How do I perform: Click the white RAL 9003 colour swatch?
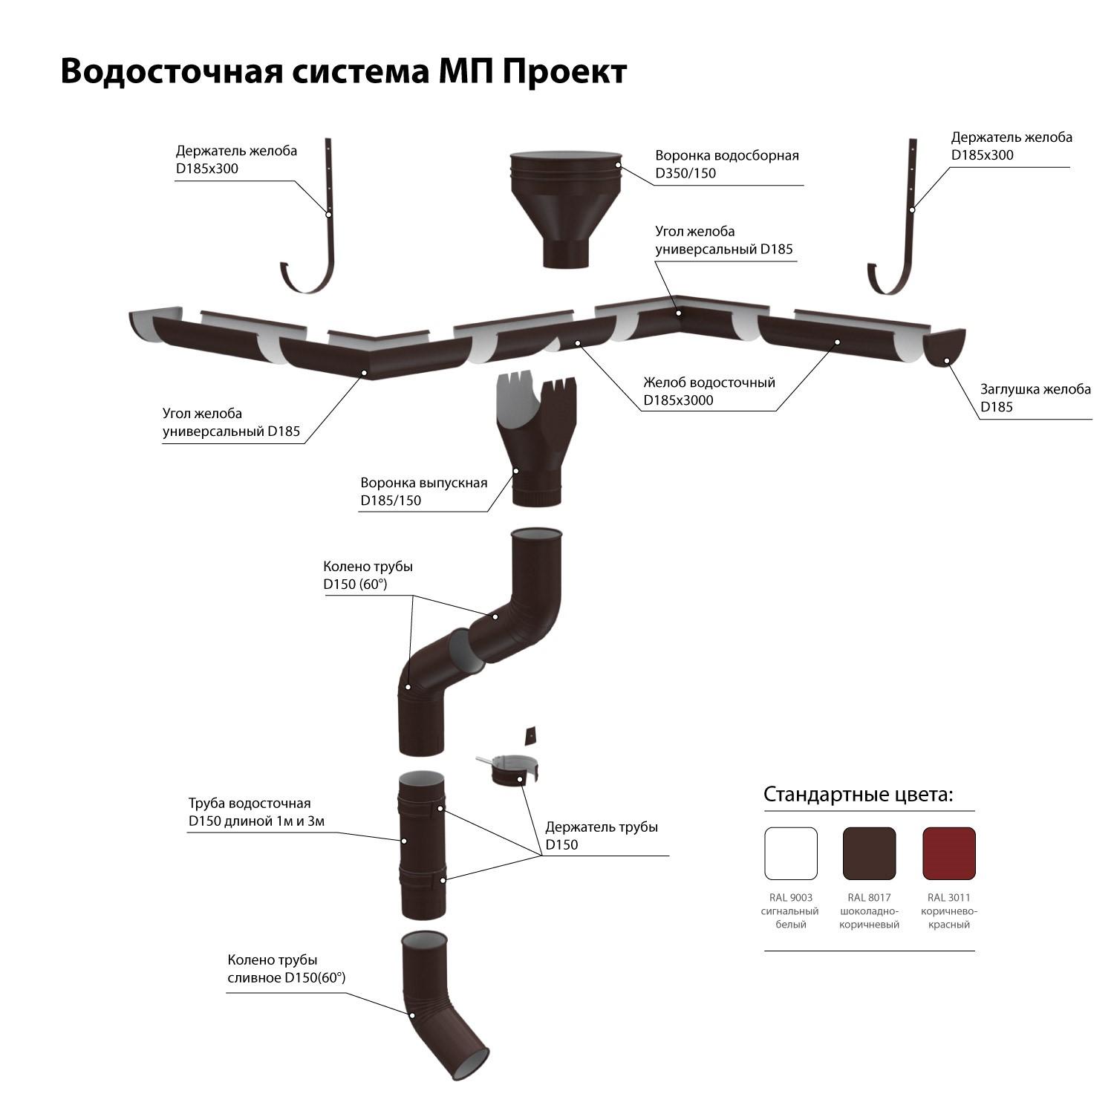tap(791, 853)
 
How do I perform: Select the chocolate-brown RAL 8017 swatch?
tap(870, 853)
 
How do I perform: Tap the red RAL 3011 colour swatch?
tap(949, 853)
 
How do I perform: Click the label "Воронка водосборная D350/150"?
tap(727, 164)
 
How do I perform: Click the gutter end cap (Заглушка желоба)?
tap(944, 348)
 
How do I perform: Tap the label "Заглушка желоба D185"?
tap(1035, 397)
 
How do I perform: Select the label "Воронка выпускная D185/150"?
tap(424, 491)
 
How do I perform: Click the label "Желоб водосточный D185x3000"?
tap(709, 391)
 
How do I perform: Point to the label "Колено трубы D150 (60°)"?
tap(368, 575)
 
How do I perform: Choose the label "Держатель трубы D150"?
tap(602, 835)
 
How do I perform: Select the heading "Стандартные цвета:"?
tap(859, 795)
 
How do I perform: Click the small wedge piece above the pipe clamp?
tap(530, 735)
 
